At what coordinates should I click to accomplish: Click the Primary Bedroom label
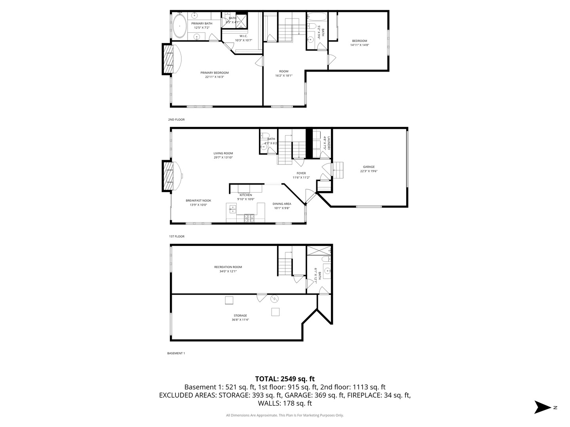[x=214, y=73]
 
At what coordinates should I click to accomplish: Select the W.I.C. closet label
[x=243, y=36]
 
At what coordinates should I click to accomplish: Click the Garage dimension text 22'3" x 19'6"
[x=369, y=171]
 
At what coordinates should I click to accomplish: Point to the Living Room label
[x=223, y=153]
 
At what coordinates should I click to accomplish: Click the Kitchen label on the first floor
[x=245, y=195]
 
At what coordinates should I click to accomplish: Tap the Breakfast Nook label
[x=198, y=200]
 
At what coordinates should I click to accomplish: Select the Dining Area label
[x=282, y=204]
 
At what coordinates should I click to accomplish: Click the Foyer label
[x=301, y=173]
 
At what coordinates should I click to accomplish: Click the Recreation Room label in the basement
[x=228, y=267]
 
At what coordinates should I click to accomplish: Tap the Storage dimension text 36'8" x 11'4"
[x=240, y=320]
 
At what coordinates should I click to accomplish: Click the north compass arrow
[x=542, y=407]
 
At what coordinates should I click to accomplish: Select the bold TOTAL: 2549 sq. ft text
[x=285, y=379]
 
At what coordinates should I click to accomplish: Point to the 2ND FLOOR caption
[x=176, y=119]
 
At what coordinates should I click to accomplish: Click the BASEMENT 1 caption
[x=176, y=353]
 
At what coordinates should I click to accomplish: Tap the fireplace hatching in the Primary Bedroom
[x=169, y=59]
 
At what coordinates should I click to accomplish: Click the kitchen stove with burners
[x=249, y=217]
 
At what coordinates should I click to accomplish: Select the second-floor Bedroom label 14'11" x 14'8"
[x=359, y=43]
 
